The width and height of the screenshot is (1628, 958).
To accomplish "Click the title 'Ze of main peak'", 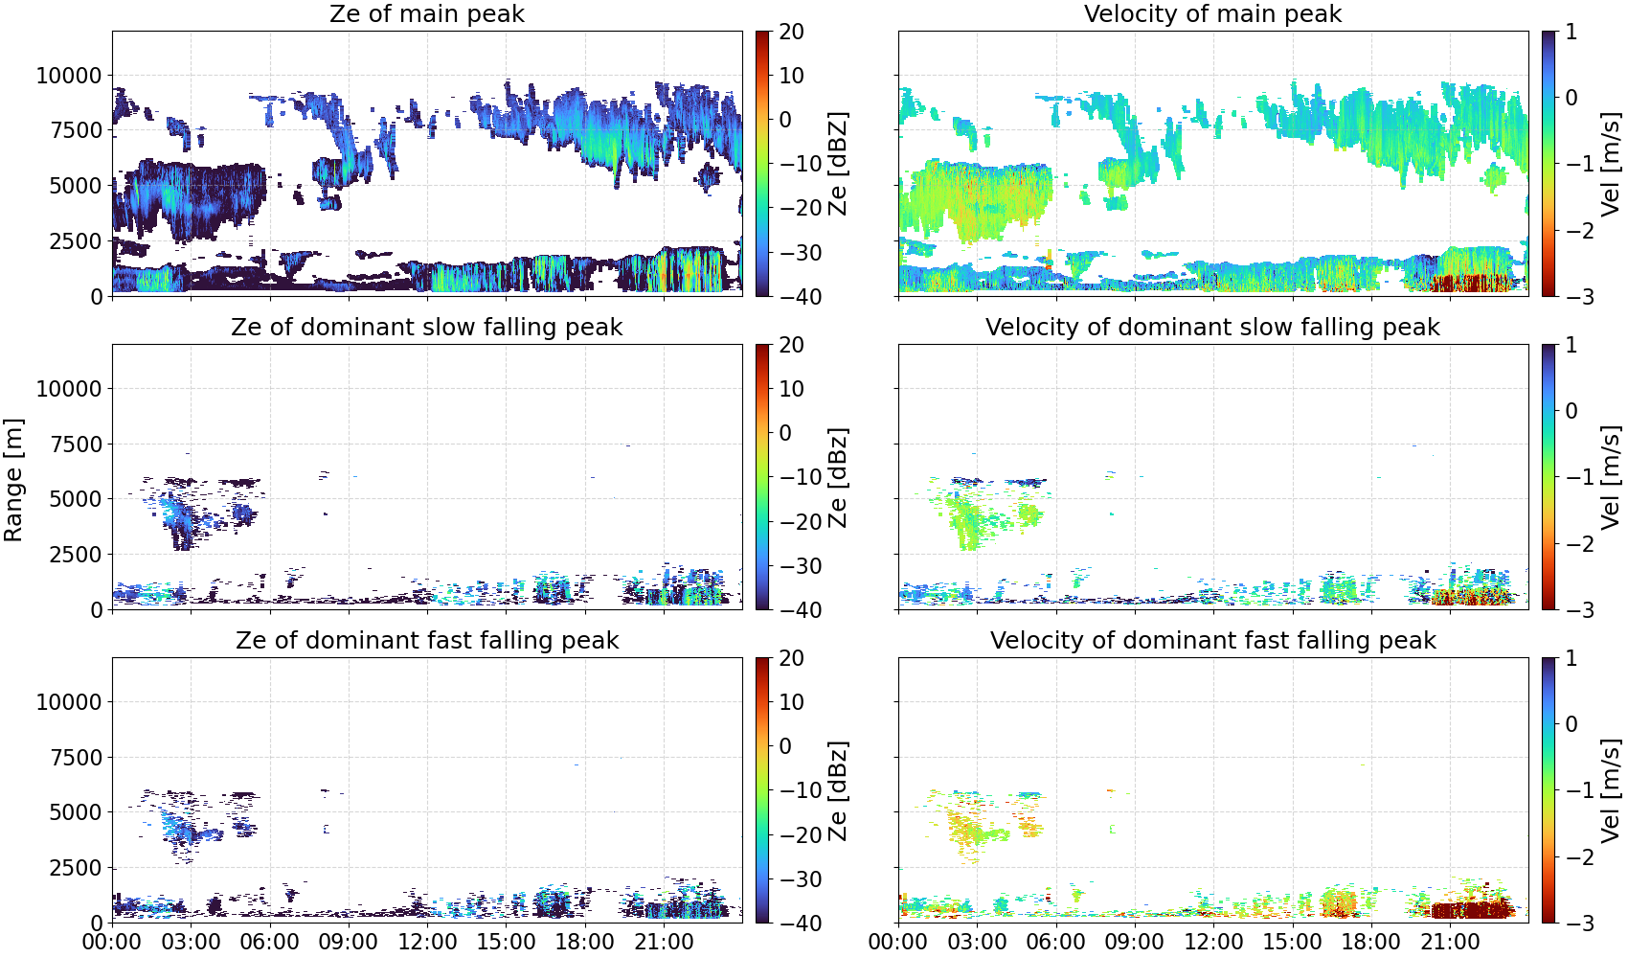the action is pyautogui.click(x=426, y=14).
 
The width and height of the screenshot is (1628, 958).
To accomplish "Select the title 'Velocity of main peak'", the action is pyautogui.click(x=1213, y=14).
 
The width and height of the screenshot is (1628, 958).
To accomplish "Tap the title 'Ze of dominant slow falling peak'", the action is pyautogui.click(x=426, y=327).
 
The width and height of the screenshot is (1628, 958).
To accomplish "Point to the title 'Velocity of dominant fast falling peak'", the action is pyautogui.click(x=1213, y=640).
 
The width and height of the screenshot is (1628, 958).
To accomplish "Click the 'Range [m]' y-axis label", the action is pyautogui.click(x=13, y=480).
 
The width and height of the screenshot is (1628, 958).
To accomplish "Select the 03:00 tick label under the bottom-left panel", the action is pyautogui.click(x=192, y=942).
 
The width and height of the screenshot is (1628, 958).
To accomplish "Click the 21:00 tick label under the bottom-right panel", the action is pyautogui.click(x=1450, y=942).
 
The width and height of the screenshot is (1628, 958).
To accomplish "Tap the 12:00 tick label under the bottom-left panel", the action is pyautogui.click(x=427, y=942).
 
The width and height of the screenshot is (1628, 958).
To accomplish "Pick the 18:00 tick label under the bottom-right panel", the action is pyautogui.click(x=1370, y=942).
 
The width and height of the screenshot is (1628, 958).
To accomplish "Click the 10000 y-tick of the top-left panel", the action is pyautogui.click(x=69, y=76).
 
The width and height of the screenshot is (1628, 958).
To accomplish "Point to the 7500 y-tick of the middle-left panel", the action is pyautogui.click(x=76, y=445).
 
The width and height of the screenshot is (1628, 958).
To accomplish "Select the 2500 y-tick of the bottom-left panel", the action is pyautogui.click(x=76, y=868).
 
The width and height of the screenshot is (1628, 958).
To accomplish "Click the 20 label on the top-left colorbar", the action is pyautogui.click(x=791, y=32).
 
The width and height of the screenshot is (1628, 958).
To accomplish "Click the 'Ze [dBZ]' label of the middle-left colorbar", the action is pyautogui.click(x=838, y=477).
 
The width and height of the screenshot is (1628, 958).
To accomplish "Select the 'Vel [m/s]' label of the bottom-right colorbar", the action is pyautogui.click(x=1611, y=790).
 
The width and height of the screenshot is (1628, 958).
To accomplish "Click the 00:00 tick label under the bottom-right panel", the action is pyautogui.click(x=898, y=942).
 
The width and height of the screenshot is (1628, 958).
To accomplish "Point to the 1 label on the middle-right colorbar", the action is pyautogui.click(x=1571, y=345).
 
